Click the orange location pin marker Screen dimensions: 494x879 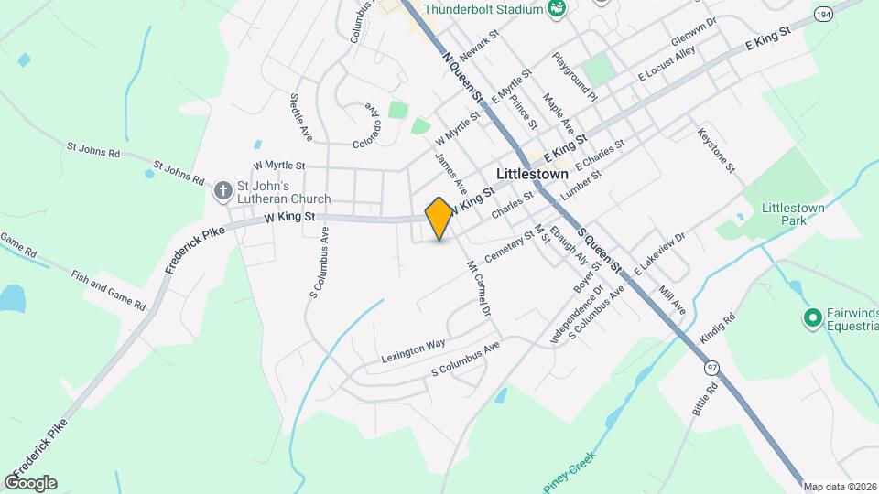point(439,218)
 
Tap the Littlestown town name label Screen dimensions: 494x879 point(532,173)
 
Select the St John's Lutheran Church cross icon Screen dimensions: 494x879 point(222,191)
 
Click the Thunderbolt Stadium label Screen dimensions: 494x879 point(484,9)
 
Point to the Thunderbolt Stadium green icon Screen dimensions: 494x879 point(555,9)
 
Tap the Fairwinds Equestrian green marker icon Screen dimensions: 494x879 point(811,318)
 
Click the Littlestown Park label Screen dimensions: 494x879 point(793,214)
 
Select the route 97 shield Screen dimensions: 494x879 point(711,367)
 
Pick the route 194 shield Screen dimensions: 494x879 point(824,16)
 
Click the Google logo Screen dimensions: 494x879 point(30,482)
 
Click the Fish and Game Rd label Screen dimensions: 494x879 point(108,286)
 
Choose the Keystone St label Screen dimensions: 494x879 point(716,148)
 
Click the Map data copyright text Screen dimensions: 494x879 point(840,487)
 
